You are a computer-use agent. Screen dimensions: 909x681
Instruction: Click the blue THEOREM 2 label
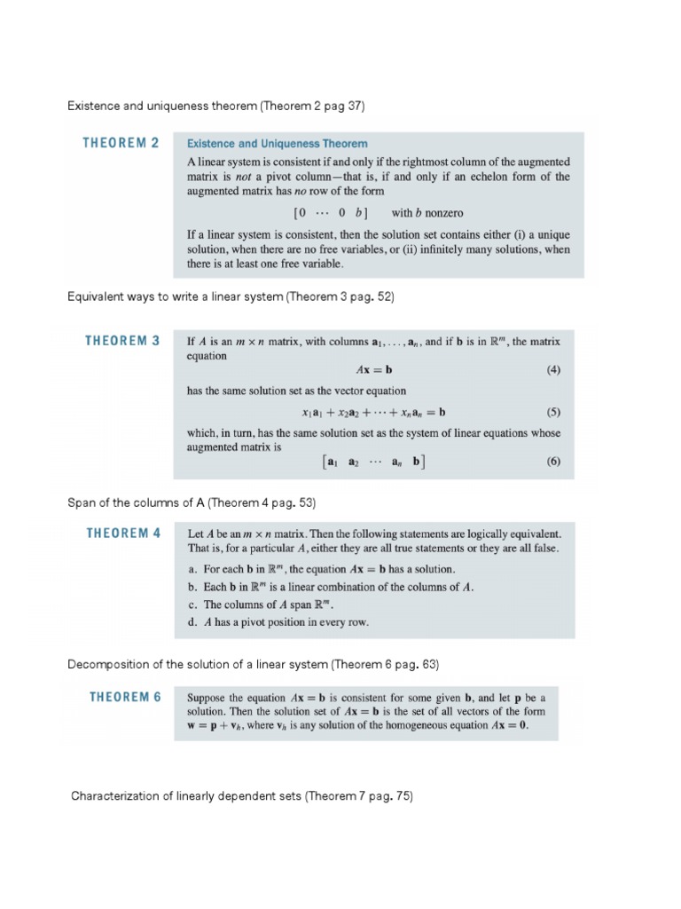coord(121,143)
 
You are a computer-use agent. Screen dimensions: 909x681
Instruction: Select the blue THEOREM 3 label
coord(122,341)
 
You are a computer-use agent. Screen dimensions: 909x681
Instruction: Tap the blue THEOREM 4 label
coord(123,534)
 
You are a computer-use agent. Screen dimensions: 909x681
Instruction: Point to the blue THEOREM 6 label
coord(125,697)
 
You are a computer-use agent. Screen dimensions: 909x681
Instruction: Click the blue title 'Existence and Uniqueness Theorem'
coord(278,143)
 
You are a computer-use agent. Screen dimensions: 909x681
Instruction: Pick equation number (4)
coord(553,371)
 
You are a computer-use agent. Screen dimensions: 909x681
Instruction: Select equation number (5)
coord(553,412)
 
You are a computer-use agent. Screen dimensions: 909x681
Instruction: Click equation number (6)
coord(553,462)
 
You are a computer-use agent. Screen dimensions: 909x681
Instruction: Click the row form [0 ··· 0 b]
coord(330,213)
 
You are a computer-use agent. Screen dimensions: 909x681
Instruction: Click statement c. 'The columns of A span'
coord(273,605)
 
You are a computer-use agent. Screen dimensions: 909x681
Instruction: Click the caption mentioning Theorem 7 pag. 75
coord(242,796)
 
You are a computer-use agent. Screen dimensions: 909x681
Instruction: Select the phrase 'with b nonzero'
coord(427,213)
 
